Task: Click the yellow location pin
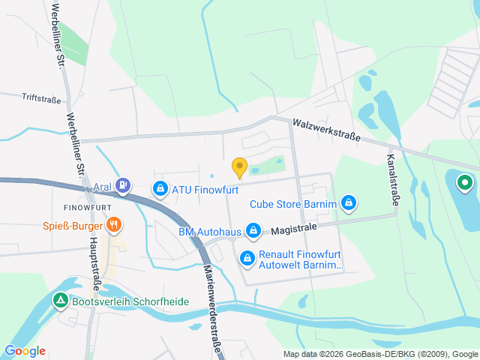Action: coord(239,168)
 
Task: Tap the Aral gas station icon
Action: coord(124,184)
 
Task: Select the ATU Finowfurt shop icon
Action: coord(160,189)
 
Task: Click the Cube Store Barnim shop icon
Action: coord(348,202)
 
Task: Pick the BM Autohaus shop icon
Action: coord(253,229)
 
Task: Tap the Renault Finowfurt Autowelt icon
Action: coord(247,259)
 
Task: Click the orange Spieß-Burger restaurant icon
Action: coord(114,223)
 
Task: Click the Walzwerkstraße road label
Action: coord(326,130)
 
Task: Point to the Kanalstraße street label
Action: coord(392,180)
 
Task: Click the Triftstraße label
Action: coord(41,97)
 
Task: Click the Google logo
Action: coord(25,350)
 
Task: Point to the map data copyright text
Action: coord(380,354)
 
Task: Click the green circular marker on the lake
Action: coord(465,181)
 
